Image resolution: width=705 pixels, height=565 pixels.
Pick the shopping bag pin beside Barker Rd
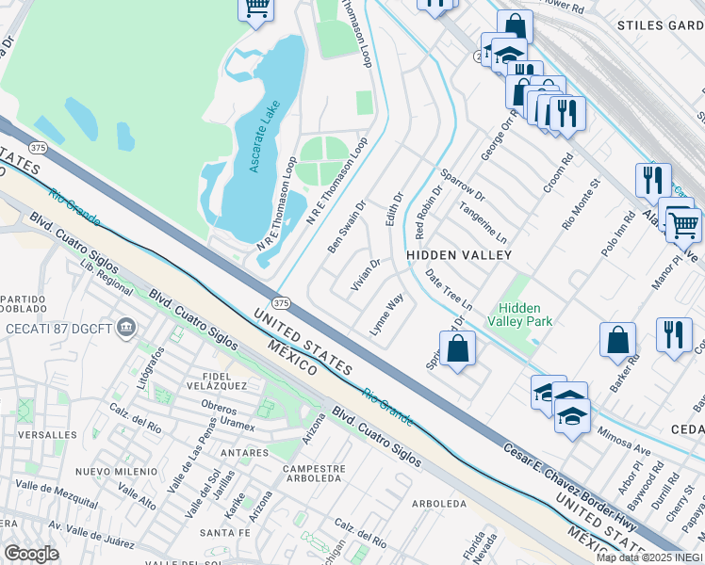point(617,341)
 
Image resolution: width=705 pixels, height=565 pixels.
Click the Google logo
point(31,553)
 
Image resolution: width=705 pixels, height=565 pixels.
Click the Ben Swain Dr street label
point(346,227)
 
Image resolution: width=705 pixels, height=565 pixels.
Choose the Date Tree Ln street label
point(448,289)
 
